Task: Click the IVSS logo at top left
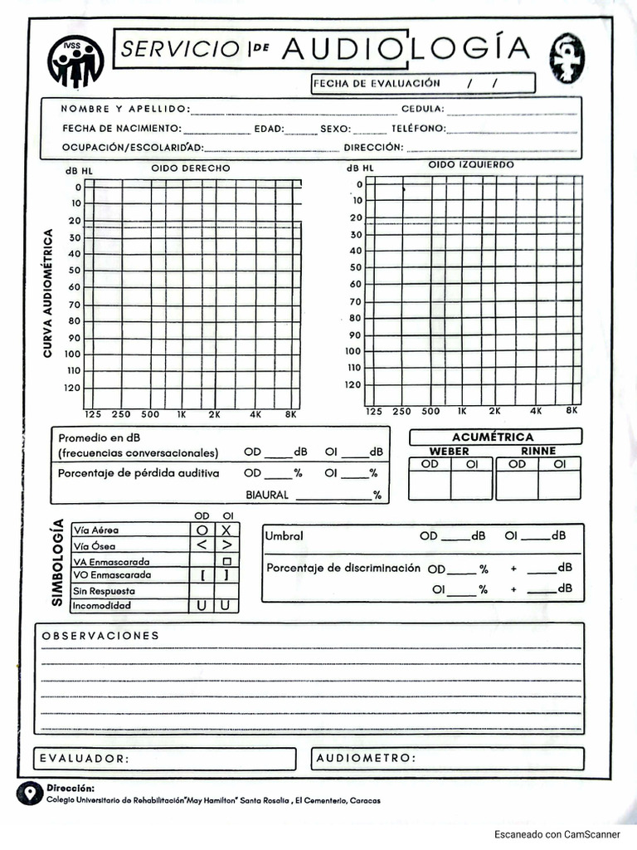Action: pyautogui.click(x=76, y=61)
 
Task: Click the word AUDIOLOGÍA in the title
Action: pyautogui.click(x=405, y=49)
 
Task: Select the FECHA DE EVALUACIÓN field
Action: pyautogui.click(x=423, y=83)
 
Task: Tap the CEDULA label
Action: pyautogui.click(x=422, y=109)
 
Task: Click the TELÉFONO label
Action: pyautogui.click(x=418, y=129)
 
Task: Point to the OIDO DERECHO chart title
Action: pyautogui.click(x=191, y=169)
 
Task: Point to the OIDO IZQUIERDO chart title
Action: pyautogui.click(x=471, y=164)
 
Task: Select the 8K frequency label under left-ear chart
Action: pyautogui.click(x=571, y=411)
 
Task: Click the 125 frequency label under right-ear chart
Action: pyautogui.click(x=93, y=413)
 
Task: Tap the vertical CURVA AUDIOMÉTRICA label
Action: pyautogui.click(x=48, y=293)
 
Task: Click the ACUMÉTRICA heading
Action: pyautogui.click(x=493, y=437)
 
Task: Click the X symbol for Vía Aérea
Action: pyautogui.click(x=226, y=530)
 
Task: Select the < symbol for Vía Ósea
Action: pyautogui.click(x=202, y=545)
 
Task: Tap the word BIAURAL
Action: pyautogui.click(x=267, y=495)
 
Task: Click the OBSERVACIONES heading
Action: pyautogui.click(x=100, y=635)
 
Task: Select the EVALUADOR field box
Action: pyautogui.click(x=164, y=759)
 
